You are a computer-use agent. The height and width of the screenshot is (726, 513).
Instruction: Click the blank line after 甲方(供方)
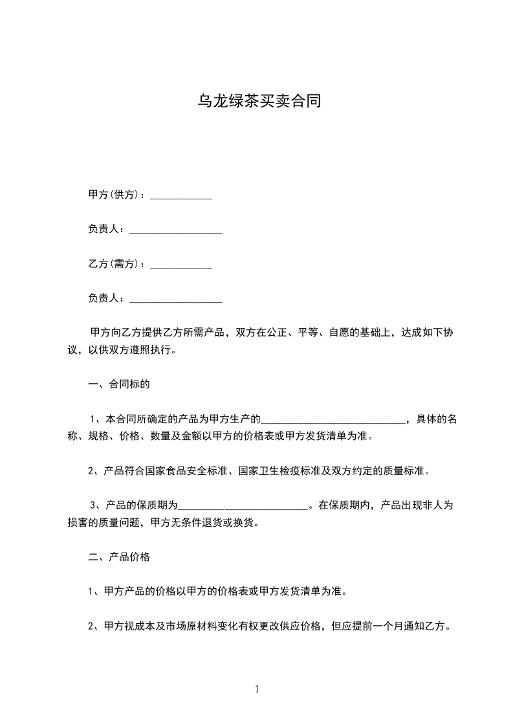point(181,197)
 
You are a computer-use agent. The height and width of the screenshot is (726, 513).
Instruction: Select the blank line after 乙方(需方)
point(181,266)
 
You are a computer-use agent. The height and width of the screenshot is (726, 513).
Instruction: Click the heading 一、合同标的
point(119,384)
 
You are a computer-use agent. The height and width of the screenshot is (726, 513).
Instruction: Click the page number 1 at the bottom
point(257,689)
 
